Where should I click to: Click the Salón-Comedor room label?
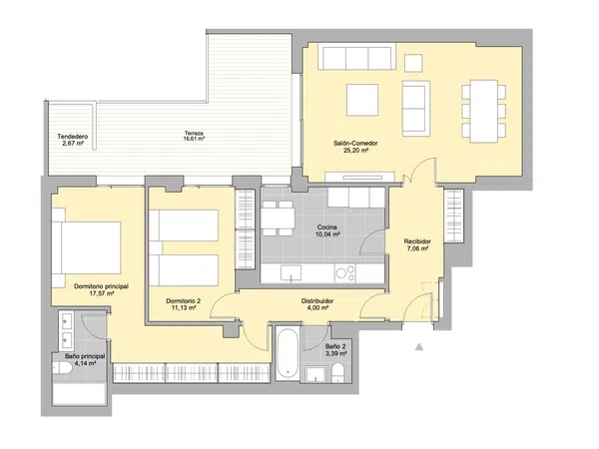tap(355, 143)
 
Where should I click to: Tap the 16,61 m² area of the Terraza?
tap(194, 139)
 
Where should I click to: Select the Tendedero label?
tap(73, 137)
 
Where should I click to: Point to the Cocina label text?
tap(327, 227)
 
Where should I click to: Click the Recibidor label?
tap(417, 241)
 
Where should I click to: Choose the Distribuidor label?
tap(317, 301)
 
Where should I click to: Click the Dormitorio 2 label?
tap(184, 301)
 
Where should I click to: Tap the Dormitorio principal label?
tap(101, 286)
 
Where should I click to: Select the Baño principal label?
tap(85, 356)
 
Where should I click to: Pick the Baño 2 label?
tap(335, 346)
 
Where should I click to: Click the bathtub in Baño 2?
tap(288, 353)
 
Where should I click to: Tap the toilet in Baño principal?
tap(62, 368)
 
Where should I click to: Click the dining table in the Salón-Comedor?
tap(483, 111)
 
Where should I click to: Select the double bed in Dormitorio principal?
tap(86, 247)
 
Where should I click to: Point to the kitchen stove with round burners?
tap(345, 273)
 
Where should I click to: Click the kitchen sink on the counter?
tap(292, 273)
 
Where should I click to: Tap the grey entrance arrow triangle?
tap(419, 346)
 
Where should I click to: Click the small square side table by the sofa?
tap(413, 63)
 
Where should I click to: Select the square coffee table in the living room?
tap(362, 100)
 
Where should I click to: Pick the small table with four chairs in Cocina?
tap(279, 219)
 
